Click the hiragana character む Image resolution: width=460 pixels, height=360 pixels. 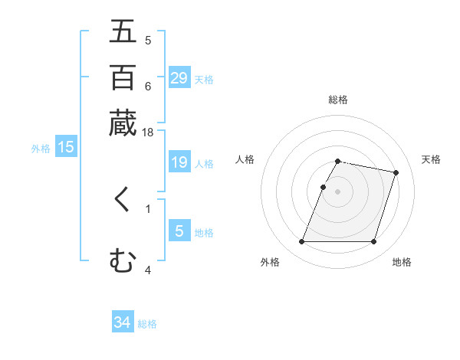coord(123,261)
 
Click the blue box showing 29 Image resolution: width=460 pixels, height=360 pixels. coord(179,78)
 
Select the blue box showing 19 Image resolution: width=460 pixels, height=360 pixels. coord(179,162)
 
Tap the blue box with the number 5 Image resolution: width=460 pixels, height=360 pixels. coord(179,231)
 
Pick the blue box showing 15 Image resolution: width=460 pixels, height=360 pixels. coord(66,147)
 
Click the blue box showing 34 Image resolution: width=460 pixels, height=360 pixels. coord(123,323)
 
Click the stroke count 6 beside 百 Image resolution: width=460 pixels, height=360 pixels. coord(148,86)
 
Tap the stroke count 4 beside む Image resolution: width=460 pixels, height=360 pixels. coord(148,270)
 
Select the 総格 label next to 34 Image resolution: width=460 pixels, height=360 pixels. coord(147,324)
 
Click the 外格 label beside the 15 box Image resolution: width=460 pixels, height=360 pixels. coord(41,149)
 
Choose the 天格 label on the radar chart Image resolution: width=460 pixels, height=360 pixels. coord(431,159)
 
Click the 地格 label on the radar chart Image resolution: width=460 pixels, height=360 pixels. coord(402,262)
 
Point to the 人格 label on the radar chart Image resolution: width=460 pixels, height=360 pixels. coord(245,159)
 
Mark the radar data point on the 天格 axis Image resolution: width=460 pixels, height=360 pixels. coord(396,173)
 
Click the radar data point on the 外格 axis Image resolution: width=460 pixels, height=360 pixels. coord(302,242)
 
